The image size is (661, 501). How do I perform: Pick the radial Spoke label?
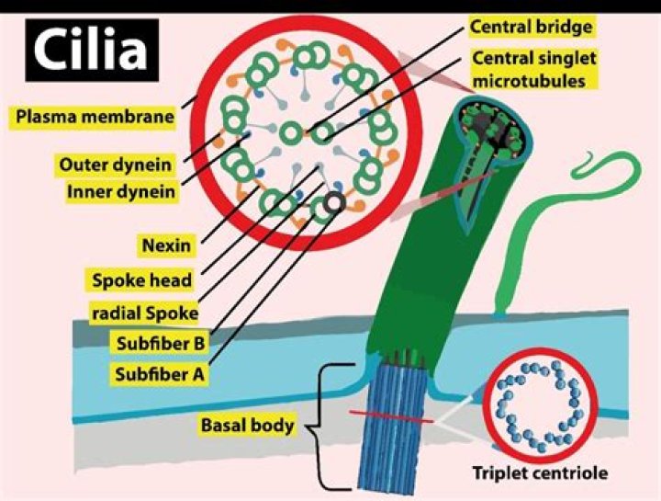click(x=143, y=313)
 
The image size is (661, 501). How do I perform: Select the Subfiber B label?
click(x=157, y=344)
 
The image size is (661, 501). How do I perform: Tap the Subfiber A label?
click(x=157, y=374)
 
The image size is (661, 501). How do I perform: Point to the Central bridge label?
click(x=531, y=27)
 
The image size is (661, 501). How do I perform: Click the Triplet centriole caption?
click(x=542, y=474)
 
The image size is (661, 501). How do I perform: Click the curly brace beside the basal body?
click(x=317, y=425)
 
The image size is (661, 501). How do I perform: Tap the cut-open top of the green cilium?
click(x=492, y=129)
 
